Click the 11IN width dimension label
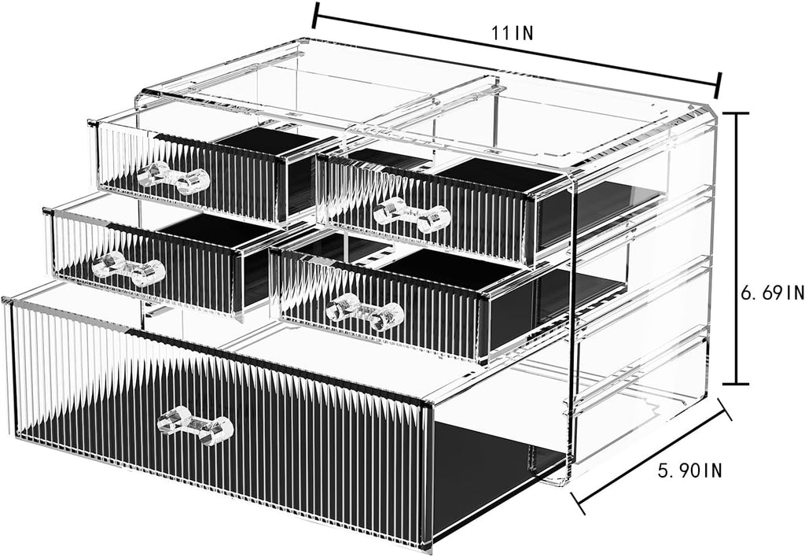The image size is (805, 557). [x=513, y=33]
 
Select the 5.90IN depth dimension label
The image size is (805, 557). [x=690, y=470]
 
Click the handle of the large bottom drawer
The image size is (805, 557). [x=195, y=424]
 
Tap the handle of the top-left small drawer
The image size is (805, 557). [x=174, y=178]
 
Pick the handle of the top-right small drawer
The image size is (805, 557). [x=412, y=215]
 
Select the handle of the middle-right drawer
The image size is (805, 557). [x=365, y=311]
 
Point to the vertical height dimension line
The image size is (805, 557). [x=737, y=248]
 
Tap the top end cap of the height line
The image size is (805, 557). [x=737, y=113]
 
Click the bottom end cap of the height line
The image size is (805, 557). [x=737, y=383]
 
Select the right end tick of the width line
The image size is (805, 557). [x=719, y=85]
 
